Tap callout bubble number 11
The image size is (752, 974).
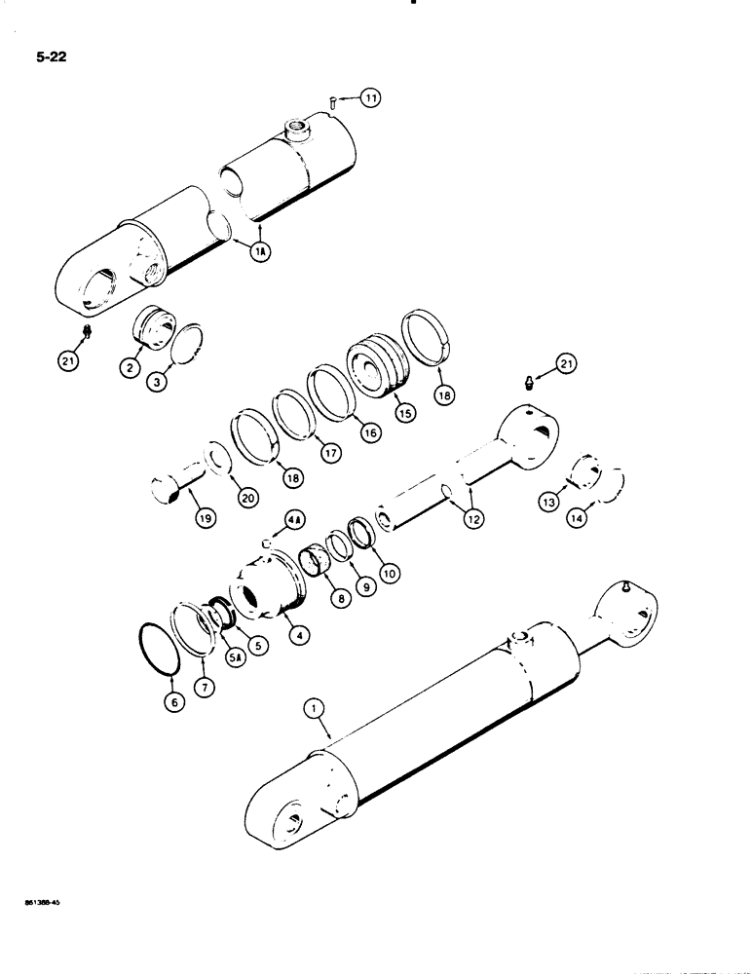pos(369,97)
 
